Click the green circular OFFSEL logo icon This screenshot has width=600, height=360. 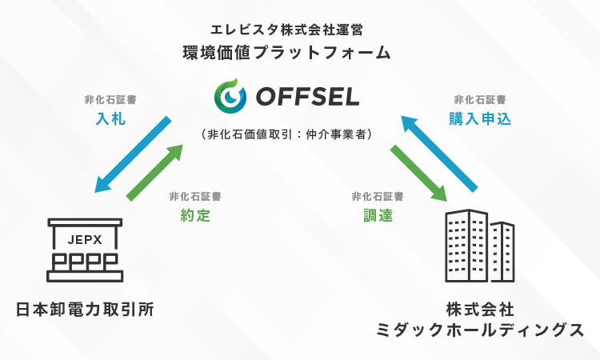(230, 98)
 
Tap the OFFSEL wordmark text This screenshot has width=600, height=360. (308, 98)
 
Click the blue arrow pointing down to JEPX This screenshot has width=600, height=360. (133, 154)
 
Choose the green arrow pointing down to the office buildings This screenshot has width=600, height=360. (418, 171)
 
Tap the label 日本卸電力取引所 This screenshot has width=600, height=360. (85, 308)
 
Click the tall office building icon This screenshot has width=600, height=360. (466, 246)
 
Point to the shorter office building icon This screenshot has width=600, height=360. (502, 253)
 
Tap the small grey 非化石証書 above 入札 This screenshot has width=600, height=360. (109, 100)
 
